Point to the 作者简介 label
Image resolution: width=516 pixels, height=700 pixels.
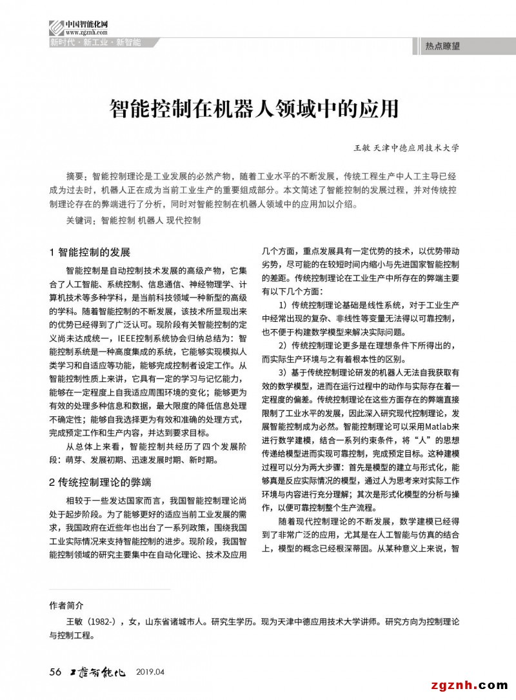click(66, 606)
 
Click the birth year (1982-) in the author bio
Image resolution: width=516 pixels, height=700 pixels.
click(103, 623)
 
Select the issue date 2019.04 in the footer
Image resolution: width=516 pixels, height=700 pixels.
click(151, 672)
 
